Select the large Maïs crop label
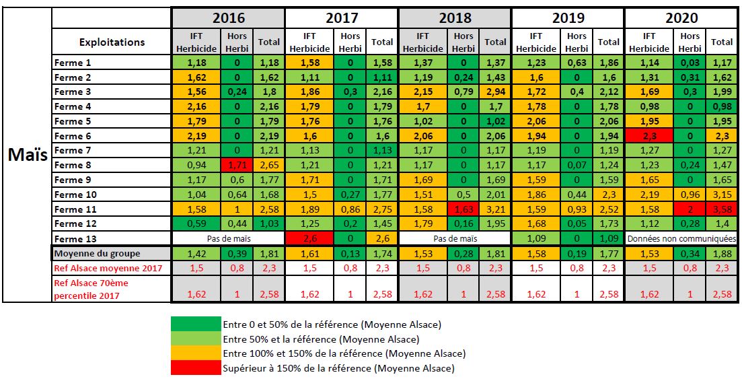(x=27, y=154)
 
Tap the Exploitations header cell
(x=112, y=42)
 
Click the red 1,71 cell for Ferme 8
(x=237, y=165)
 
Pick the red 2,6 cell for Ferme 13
(x=309, y=238)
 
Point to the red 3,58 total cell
(x=722, y=209)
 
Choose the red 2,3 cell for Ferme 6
(x=649, y=136)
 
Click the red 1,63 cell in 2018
(x=463, y=209)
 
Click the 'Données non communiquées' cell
(x=681, y=238)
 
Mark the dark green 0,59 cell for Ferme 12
(x=196, y=223)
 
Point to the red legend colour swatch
(x=196, y=368)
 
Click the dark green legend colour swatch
(x=196, y=324)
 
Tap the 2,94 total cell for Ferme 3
(x=495, y=92)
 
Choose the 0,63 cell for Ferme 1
(x=577, y=63)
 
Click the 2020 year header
(x=681, y=18)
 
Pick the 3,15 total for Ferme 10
(x=722, y=195)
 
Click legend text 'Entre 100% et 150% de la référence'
(x=344, y=353)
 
